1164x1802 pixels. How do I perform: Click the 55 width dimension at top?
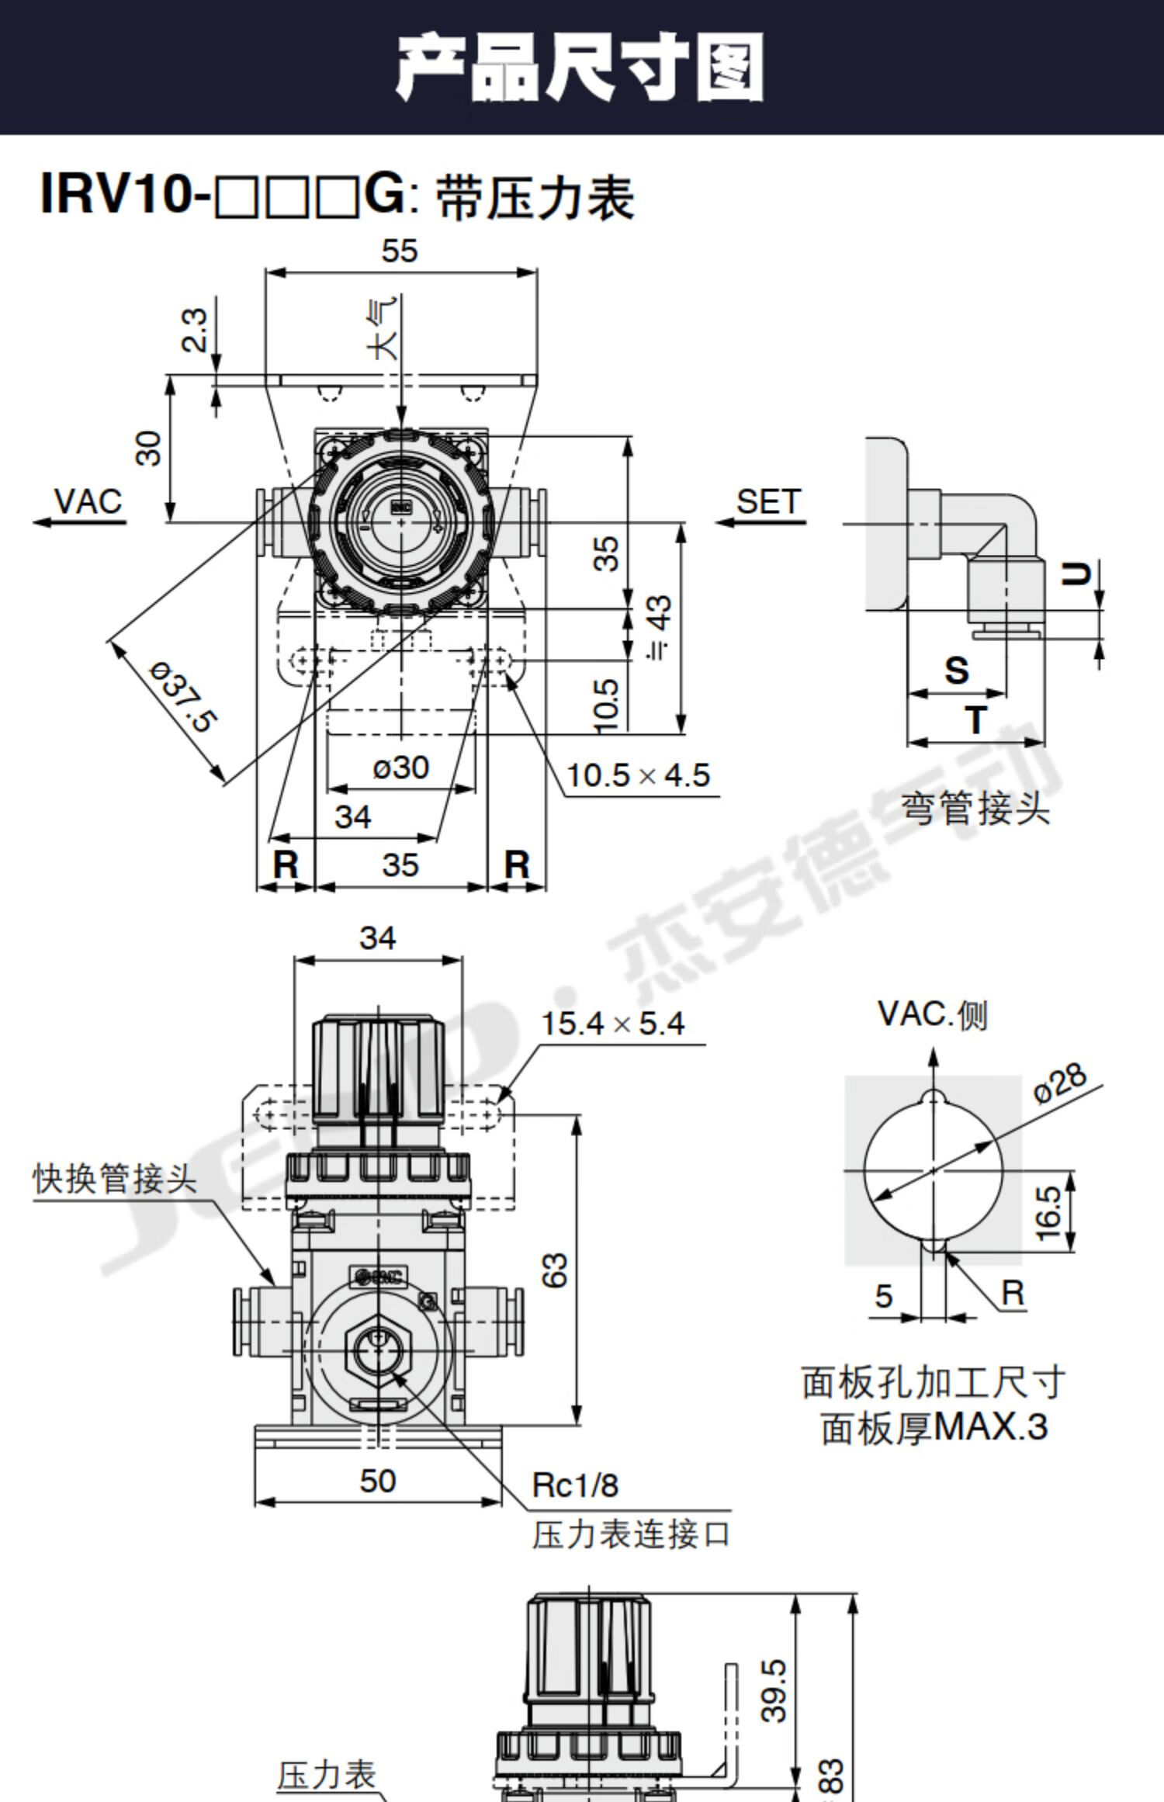[400, 251]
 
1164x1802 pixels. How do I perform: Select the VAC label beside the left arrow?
[88, 501]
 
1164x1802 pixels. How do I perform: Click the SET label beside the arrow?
[767, 501]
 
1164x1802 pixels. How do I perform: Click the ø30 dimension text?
[400, 768]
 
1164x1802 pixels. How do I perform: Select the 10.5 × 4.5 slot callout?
[638, 775]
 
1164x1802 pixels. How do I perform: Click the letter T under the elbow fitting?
[976, 720]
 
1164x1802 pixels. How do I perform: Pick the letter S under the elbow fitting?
[957, 670]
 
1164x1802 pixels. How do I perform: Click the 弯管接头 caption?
[975, 809]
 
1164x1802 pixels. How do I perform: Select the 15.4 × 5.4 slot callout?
[612, 1024]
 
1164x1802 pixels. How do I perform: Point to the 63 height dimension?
[555, 1270]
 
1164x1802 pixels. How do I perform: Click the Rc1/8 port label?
[575, 1485]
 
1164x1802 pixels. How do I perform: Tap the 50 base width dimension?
[378, 1481]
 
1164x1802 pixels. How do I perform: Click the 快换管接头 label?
[115, 1179]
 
